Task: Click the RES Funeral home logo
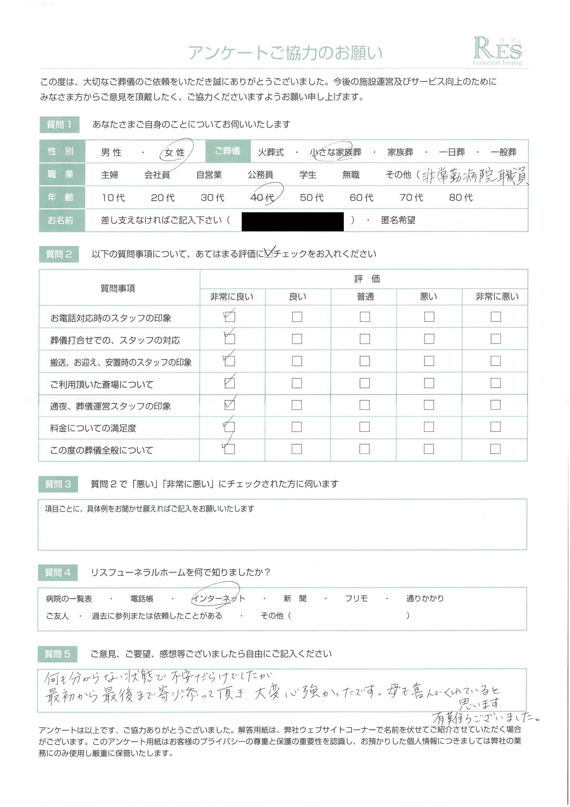coord(498,52)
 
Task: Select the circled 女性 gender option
coord(175,153)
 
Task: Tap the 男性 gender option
coord(111,153)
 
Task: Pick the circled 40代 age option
coord(262,197)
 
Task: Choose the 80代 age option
coord(461,197)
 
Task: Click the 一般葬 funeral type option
coord(503,152)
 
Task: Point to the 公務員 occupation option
coord(260,175)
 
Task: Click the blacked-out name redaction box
coord(292,221)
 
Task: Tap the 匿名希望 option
coord(398,220)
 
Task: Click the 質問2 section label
coord(59,254)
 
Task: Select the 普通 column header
coord(365,297)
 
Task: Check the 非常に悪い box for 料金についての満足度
coord(495,427)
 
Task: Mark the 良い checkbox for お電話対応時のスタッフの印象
coord(297,317)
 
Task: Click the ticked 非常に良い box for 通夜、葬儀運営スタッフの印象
coord(229,405)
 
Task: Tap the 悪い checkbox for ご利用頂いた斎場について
coord(429,383)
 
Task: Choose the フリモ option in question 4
coord(356,599)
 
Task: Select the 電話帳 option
coord(142,599)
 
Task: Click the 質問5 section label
coord(58,654)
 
